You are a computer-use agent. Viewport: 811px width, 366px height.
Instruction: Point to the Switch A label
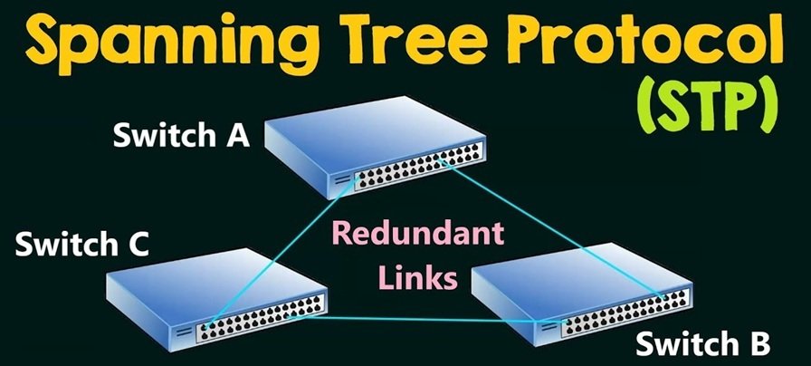click(182, 135)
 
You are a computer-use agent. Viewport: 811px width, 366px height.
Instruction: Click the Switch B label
click(703, 343)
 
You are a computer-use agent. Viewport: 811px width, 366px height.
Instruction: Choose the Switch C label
click(82, 244)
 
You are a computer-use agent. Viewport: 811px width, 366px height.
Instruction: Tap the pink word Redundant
click(417, 233)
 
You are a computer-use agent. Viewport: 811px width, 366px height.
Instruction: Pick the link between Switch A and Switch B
click(552, 230)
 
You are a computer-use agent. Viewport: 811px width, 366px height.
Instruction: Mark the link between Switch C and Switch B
click(430, 319)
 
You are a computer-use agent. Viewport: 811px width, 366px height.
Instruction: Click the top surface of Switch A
click(376, 136)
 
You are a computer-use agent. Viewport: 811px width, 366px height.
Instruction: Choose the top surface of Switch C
click(216, 284)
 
